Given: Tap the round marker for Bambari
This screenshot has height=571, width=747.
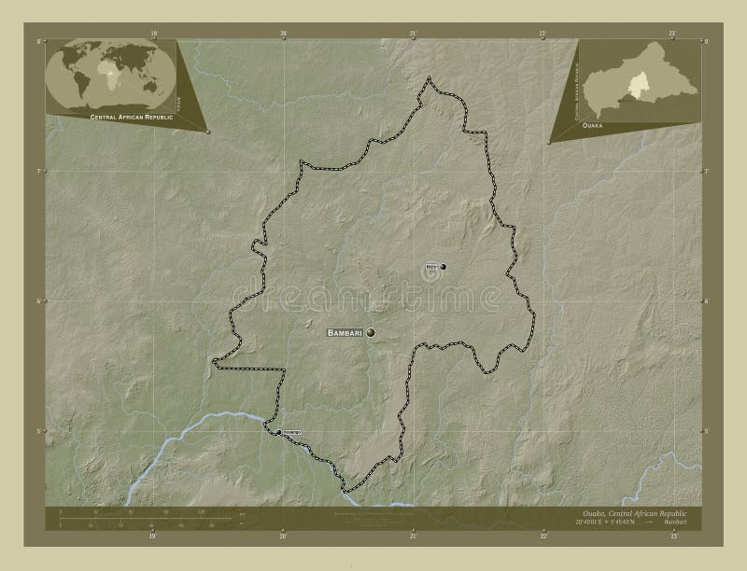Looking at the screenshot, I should (372, 332).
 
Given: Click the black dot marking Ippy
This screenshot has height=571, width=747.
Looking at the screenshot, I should (443, 267).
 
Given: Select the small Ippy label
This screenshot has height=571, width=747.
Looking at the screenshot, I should (430, 267).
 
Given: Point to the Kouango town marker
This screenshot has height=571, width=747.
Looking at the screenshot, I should (277, 432).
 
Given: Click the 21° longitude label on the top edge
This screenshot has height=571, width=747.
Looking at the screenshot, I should (414, 33).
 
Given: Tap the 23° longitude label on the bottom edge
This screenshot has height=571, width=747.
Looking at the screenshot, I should (671, 536).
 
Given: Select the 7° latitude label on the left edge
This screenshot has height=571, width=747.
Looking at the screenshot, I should (38, 172).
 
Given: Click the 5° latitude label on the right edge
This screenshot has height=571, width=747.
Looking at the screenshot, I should (707, 431).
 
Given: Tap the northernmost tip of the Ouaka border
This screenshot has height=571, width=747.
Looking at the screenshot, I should (429, 79).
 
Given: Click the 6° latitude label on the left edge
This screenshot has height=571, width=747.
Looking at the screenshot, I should (38, 301).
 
